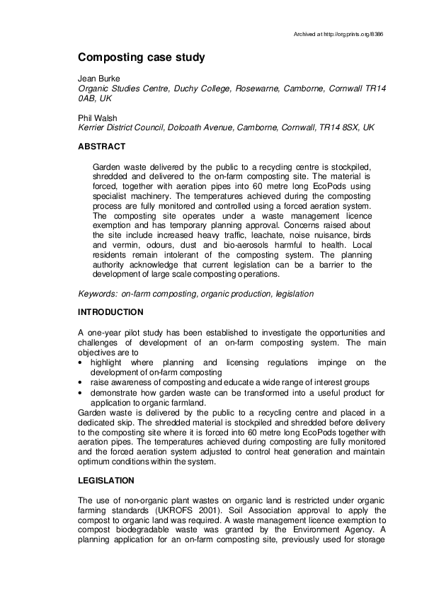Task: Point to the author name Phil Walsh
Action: click(x=97, y=118)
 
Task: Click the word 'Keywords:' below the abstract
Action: click(x=98, y=293)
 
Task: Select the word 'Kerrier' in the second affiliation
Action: click(x=93, y=128)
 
